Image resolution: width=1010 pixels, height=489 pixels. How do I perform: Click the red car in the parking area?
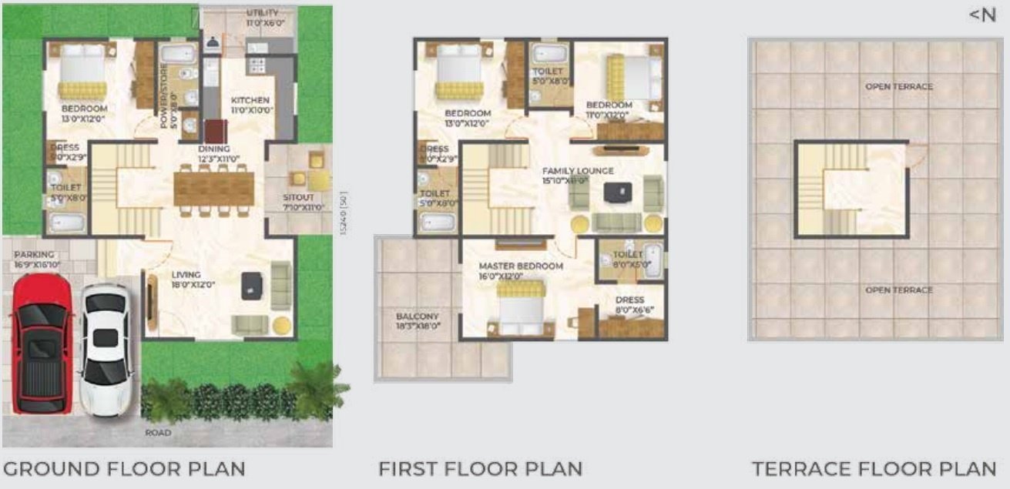(x=41, y=343)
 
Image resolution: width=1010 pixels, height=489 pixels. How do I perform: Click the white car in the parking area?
(x=106, y=350)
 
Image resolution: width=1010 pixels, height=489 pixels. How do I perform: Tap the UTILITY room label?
(x=263, y=13)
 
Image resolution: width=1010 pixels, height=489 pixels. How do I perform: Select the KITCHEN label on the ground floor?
(x=250, y=100)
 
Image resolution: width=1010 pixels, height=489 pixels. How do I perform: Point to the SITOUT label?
(x=297, y=196)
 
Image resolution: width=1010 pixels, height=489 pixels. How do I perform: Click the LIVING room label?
(x=186, y=275)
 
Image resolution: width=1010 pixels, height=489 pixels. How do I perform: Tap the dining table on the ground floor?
(x=213, y=188)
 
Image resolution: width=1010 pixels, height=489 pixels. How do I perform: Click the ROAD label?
(x=158, y=433)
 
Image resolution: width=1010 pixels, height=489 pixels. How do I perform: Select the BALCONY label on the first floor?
(x=417, y=317)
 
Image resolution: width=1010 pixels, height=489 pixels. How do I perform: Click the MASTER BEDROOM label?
(x=521, y=266)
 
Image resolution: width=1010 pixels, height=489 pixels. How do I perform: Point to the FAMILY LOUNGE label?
(x=578, y=171)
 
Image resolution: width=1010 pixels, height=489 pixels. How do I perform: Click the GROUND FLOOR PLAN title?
(x=124, y=468)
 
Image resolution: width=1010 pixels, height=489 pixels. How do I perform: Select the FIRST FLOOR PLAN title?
(x=480, y=468)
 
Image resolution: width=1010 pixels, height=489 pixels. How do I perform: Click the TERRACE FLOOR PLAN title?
(x=874, y=468)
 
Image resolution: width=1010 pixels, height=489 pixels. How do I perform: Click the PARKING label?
(x=34, y=255)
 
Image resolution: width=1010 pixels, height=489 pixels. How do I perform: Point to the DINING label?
(x=213, y=149)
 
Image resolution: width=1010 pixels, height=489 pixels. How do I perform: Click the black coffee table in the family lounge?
(x=615, y=192)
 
